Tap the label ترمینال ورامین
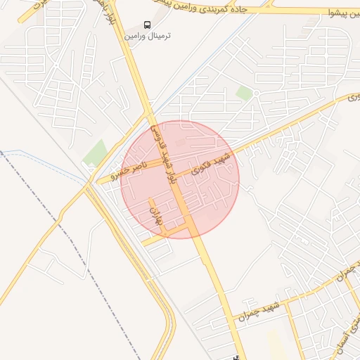point(148,35)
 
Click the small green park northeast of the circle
point(244,93)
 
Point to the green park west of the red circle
point(96,153)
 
